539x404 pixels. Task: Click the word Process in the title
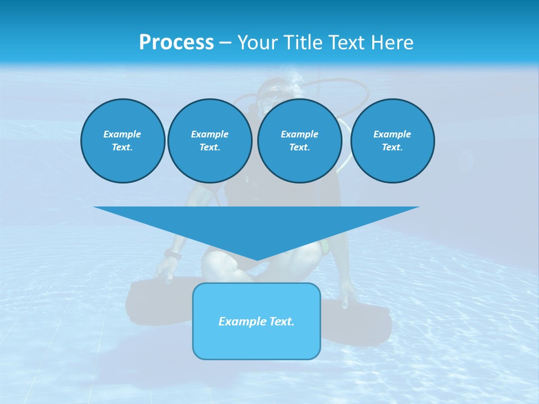pyautogui.click(x=176, y=43)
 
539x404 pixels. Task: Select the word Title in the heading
pyautogui.click(x=303, y=43)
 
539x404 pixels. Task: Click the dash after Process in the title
pyautogui.click(x=225, y=43)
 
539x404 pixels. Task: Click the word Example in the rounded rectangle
pyautogui.click(x=240, y=322)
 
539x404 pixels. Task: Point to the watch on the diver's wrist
pyautogui.click(x=173, y=255)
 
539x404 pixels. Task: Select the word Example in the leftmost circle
pyautogui.click(x=122, y=134)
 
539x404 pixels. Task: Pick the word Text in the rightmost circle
pyautogui.click(x=392, y=147)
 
